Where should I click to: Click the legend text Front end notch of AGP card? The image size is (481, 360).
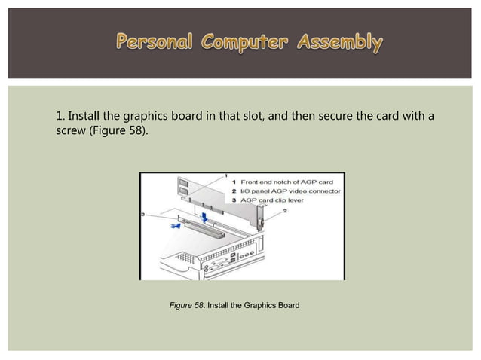point(286,182)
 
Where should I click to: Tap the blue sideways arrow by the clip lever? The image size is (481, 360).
point(174,223)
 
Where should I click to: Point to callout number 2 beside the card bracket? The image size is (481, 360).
point(283,212)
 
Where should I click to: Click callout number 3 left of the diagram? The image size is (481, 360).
point(143,215)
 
